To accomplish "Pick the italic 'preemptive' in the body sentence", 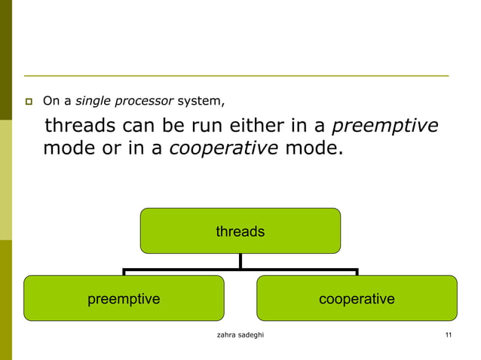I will [x=384, y=125].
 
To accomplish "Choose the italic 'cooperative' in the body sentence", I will [x=224, y=148].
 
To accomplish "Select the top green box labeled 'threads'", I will [x=240, y=231].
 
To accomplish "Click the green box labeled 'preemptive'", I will [x=124, y=298].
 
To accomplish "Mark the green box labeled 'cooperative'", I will [x=357, y=298].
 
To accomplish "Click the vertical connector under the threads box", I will [x=240, y=261].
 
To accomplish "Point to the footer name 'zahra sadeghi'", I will [x=240, y=335].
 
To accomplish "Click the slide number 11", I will [x=448, y=335].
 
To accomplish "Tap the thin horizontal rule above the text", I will [x=236, y=76].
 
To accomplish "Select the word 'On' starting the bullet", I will [x=51, y=100].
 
